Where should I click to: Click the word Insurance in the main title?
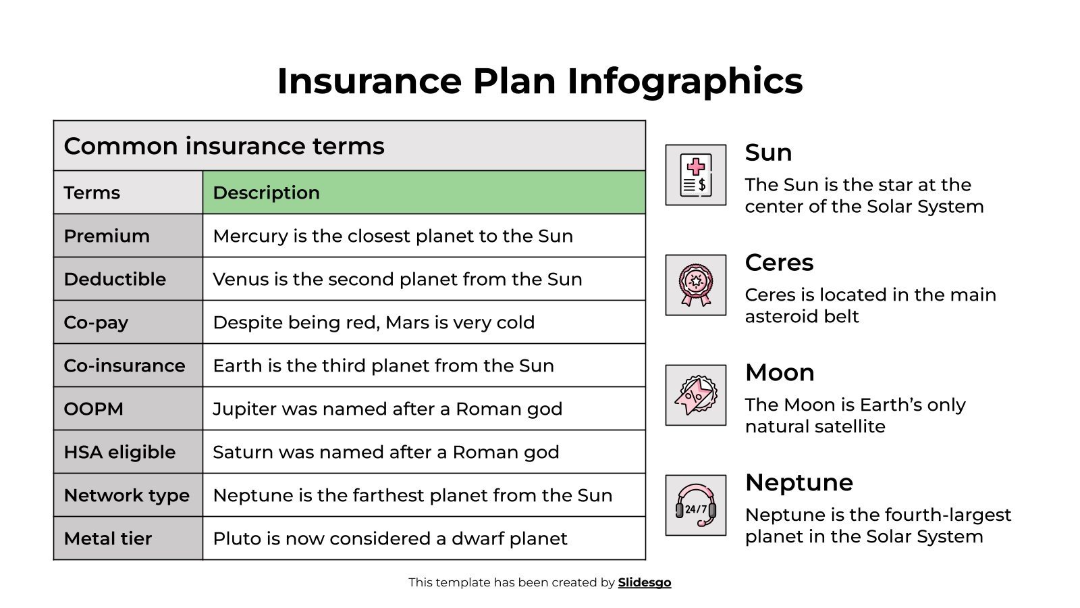(369, 81)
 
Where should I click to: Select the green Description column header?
(424, 193)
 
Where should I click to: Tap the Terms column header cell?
(128, 193)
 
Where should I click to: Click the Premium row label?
(128, 236)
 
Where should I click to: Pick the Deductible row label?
(128, 279)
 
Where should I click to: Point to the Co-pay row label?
(128, 322)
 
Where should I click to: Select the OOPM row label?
(128, 409)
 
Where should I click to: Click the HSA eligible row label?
(128, 452)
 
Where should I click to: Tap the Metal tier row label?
(128, 538)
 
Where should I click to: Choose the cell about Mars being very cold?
(424, 322)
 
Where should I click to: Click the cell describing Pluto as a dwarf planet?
(424, 538)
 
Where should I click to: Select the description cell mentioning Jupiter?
(424, 409)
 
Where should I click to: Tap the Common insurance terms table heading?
(349, 146)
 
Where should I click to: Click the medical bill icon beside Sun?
(695, 175)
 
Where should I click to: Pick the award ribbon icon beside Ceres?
(695, 285)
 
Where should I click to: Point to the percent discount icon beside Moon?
(695, 395)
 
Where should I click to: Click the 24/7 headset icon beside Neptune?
(695, 505)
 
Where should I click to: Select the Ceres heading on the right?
(779, 263)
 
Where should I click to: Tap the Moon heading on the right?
(780, 373)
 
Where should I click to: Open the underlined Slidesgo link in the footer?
(645, 582)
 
